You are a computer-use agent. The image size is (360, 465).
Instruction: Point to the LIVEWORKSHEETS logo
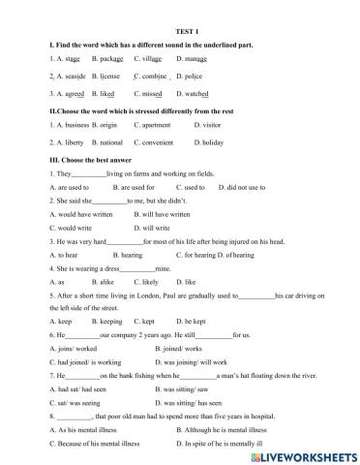click(x=301, y=453)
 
